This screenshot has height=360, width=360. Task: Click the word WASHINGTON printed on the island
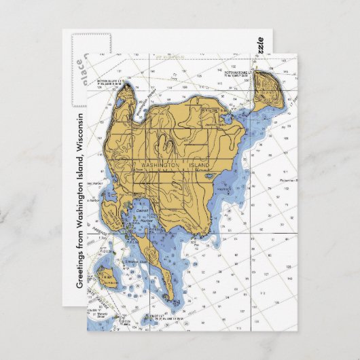coord(160,165)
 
